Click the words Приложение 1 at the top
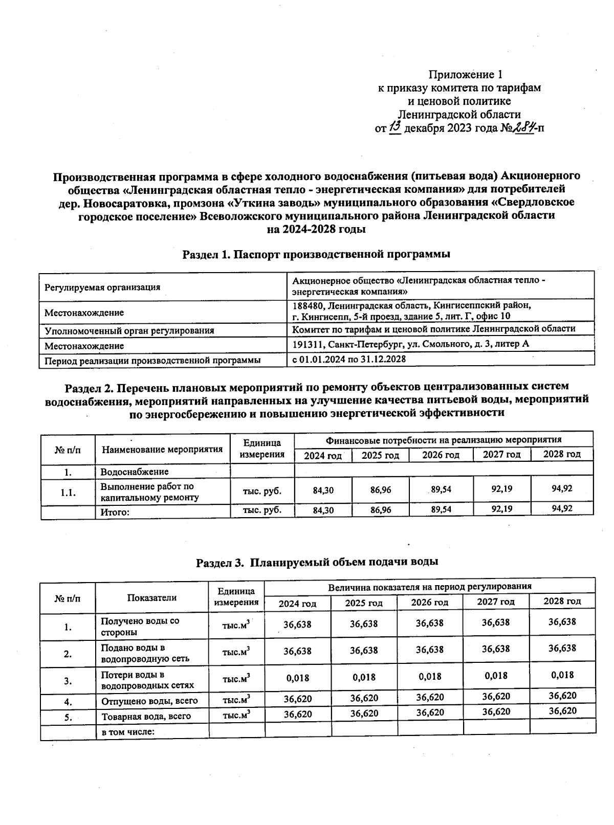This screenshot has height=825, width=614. pyautogui.click(x=459, y=75)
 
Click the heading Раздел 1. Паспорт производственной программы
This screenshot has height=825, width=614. pyautogui.click(x=316, y=254)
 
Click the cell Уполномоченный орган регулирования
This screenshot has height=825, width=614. pyautogui.click(x=129, y=330)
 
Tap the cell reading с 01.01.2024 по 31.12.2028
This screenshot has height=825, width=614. pyautogui.click(x=348, y=359)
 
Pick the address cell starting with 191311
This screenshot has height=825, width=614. pyautogui.click(x=410, y=344)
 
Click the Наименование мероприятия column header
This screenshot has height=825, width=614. pyautogui.click(x=162, y=450)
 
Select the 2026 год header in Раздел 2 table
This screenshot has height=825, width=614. pyautogui.click(x=441, y=455)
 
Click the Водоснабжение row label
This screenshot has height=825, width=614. pyautogui.click(x=134, y=472)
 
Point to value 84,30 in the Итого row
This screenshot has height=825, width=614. pyautogui.click(x=323, y=509)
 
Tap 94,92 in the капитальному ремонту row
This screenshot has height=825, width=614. pyautogui.click(x=561, y=488)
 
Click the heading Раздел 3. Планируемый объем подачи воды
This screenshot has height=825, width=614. pyautogui.click(x=317, y=562)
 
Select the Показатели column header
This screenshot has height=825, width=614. pyautogui.click(x=151, y=597)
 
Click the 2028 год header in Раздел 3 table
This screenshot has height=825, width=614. pyautogui.click(x=562, y=601)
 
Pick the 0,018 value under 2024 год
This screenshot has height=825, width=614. pyautogui.click(x=297, y=678)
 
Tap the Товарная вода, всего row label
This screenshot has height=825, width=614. pyautogui.click(x=146, y=716)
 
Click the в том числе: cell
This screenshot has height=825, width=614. pyautogui.click(x=128, y=732)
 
